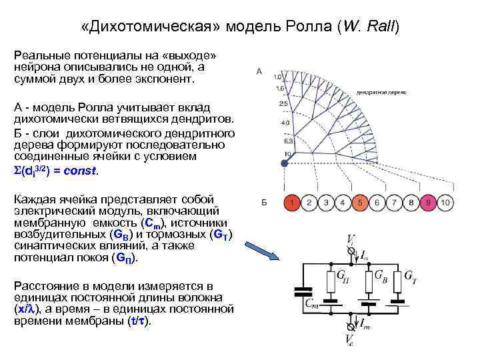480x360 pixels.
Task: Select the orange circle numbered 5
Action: coord(359,202)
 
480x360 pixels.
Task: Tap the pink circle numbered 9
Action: coord(429,202)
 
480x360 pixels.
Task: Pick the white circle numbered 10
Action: coord(447,202)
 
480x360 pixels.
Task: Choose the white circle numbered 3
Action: coord(325,202)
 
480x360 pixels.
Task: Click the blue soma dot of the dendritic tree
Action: coord(284,162)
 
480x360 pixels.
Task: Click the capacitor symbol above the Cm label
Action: coord(303,292)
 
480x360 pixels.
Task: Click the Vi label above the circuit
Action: coord(351,241)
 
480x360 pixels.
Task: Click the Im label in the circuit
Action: coord(365,324)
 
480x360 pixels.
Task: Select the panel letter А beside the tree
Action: coord(259,72)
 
